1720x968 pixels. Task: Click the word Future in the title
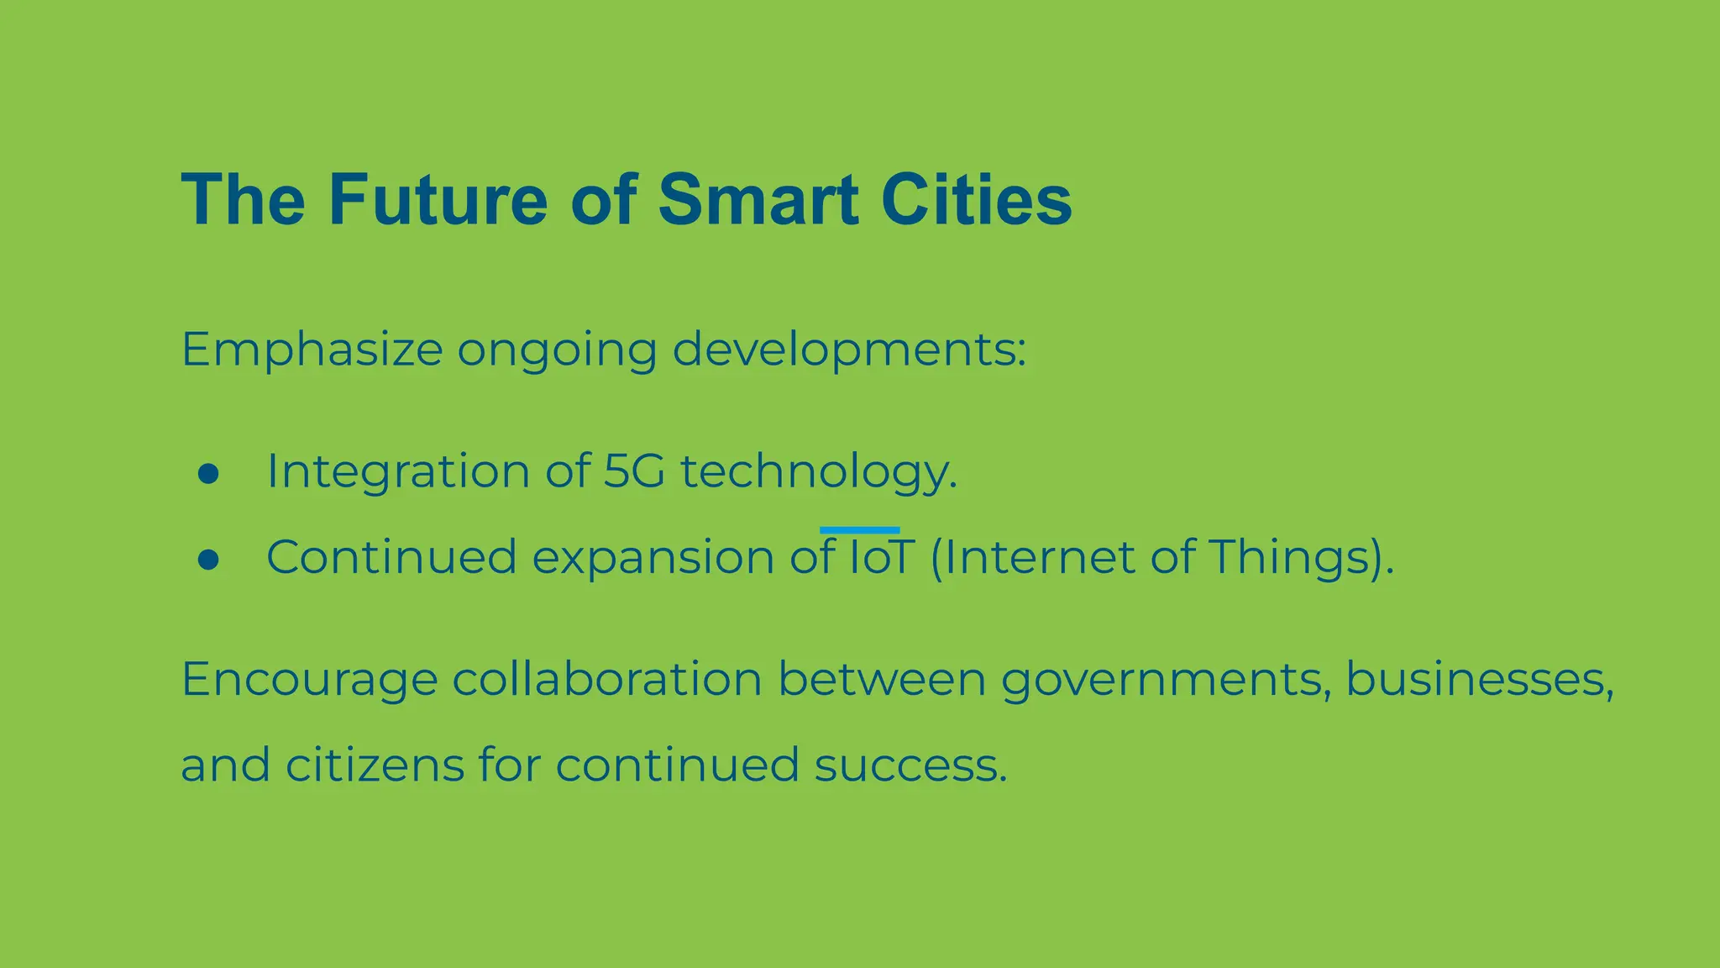pos(438,200)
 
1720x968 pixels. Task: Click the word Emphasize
pos(312,350)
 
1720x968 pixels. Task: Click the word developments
pos(848,350)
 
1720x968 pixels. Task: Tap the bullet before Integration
pos(208,473)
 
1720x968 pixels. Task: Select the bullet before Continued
pos(208,560)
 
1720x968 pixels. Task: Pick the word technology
pos(818,472)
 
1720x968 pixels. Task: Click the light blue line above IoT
pos(859,530)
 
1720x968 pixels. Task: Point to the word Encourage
pos(309,681)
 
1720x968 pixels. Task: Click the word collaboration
pos(606,679)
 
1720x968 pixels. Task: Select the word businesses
pos(1479,679)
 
